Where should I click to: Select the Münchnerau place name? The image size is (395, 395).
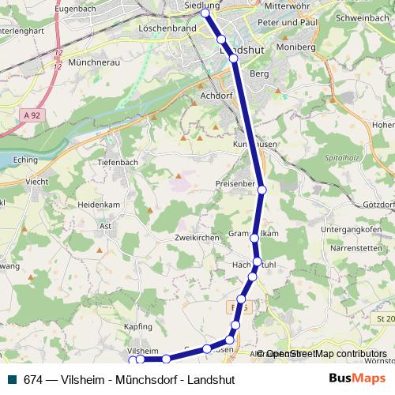click(95, 61)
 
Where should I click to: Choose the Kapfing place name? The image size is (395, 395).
click(137, 325)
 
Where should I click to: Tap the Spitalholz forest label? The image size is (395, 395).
click(340, 159)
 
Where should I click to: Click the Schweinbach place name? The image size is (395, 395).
click(361, 17)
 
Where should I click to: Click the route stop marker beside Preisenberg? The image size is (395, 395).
click(261, 190)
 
